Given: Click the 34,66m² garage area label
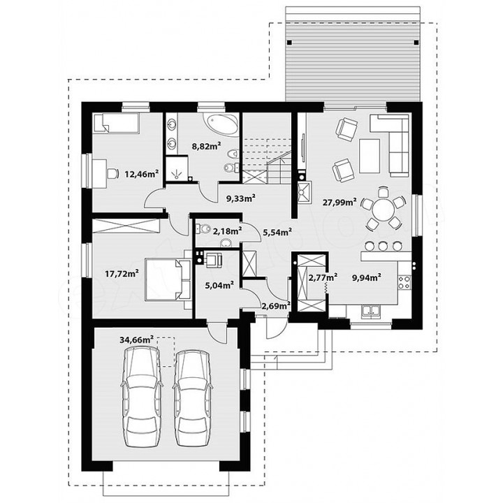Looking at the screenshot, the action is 136,340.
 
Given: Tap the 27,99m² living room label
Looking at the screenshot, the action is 340,202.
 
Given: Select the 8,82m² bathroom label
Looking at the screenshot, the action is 206,147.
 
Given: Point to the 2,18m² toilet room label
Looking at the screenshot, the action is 228,231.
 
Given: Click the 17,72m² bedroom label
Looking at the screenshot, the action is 122,274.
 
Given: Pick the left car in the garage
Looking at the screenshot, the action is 141,398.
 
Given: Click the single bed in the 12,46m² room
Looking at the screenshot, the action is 116,123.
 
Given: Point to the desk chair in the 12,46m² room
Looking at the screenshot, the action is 112,173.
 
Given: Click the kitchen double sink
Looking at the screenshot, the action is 372,311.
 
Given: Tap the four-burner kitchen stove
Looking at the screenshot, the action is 404,283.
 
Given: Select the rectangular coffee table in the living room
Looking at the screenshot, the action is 370,156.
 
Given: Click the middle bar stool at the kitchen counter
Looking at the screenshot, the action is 383,246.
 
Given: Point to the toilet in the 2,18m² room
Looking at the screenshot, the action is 203,229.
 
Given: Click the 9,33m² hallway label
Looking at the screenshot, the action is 241,198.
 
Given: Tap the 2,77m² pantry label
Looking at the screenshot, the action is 322,277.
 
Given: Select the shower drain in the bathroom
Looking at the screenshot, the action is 176,175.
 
